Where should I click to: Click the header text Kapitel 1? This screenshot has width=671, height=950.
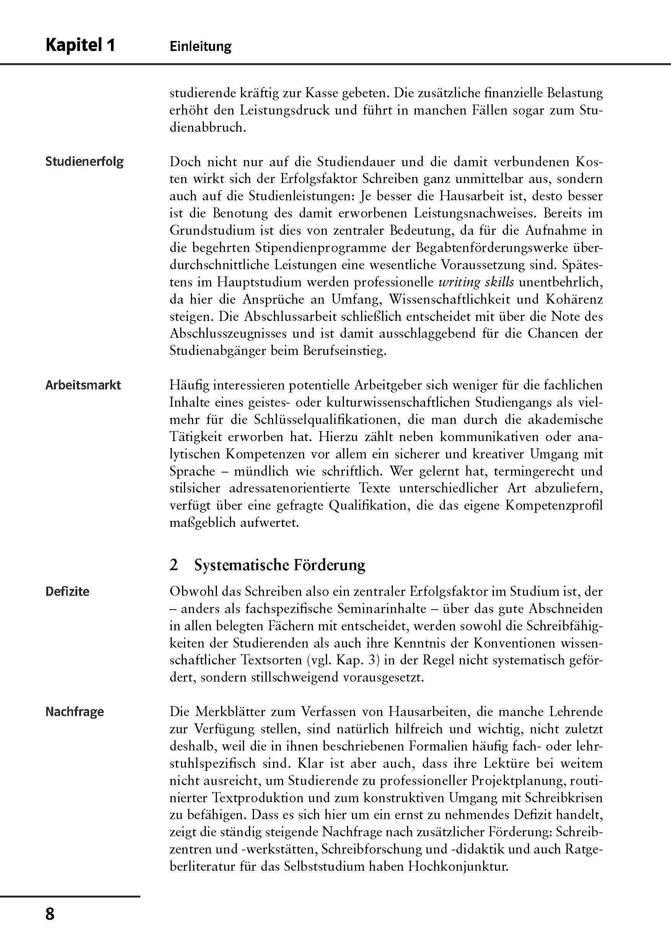(80, 45)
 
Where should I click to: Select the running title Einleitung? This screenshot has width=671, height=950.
(200, 46)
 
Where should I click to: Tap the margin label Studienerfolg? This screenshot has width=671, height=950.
(84, 161)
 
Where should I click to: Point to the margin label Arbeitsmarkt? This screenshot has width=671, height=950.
(83, 385)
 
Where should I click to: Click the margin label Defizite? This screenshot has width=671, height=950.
(67, 591)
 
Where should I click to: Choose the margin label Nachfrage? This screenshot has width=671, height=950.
(75, 712)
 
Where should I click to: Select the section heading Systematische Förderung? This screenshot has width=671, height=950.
(280, 565)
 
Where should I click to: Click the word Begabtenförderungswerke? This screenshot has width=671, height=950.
(490, 248)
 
